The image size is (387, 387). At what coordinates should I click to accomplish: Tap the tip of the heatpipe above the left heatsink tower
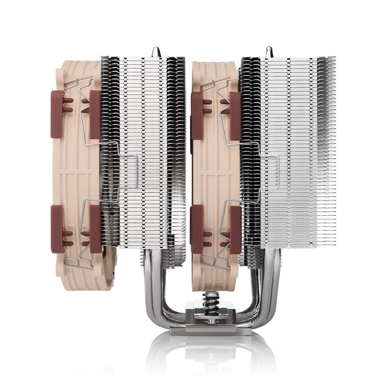pyautogui.click(x=156, y=52)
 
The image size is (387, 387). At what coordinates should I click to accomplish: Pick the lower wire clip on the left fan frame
pyautogui.click(x=82, y=255)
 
